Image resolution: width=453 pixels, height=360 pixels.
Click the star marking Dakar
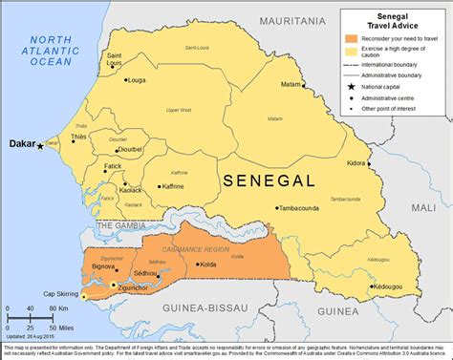coord(40,146)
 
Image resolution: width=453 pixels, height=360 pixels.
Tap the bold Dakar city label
coord(21,144)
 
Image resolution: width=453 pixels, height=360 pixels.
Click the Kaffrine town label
coord(173,187)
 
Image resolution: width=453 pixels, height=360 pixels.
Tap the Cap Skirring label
coord(71,293)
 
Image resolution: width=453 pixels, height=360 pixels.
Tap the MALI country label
coord(424,206)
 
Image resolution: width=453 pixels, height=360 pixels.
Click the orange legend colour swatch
coord(352,40)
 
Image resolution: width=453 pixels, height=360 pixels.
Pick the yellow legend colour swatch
coord(352,53)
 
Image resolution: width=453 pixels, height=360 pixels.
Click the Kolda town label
coord(207,265)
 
